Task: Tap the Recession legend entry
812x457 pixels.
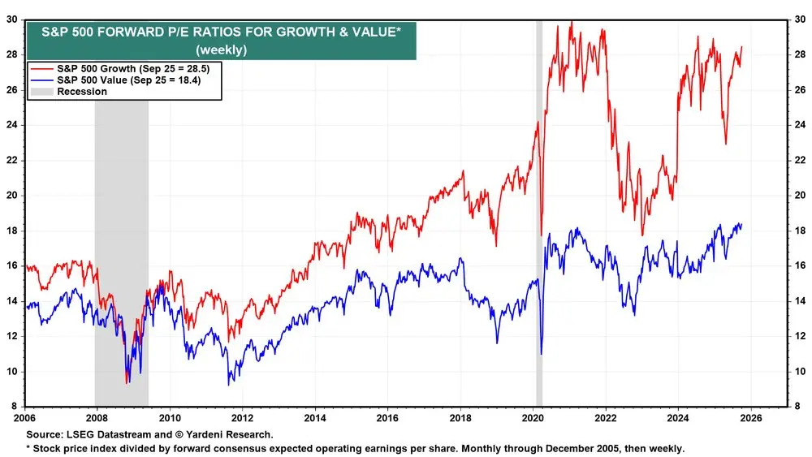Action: [80, 92]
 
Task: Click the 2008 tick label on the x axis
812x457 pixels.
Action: [97, 419]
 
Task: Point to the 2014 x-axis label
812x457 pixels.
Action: [314, 419]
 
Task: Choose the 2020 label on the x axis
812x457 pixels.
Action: [533, 419]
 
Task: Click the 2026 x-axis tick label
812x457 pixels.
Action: [750, 419]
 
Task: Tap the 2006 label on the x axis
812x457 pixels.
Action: [24, 419]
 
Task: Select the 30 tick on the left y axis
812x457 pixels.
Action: [14, 19]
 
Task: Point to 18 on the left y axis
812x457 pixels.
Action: [14, 231]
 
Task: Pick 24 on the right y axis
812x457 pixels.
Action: [798, 125]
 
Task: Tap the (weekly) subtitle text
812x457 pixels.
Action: [221, 50]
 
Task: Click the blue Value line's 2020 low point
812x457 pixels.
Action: [541, 354]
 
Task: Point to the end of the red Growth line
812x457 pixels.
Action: [741, 47]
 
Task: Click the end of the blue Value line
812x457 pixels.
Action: [741, 225]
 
